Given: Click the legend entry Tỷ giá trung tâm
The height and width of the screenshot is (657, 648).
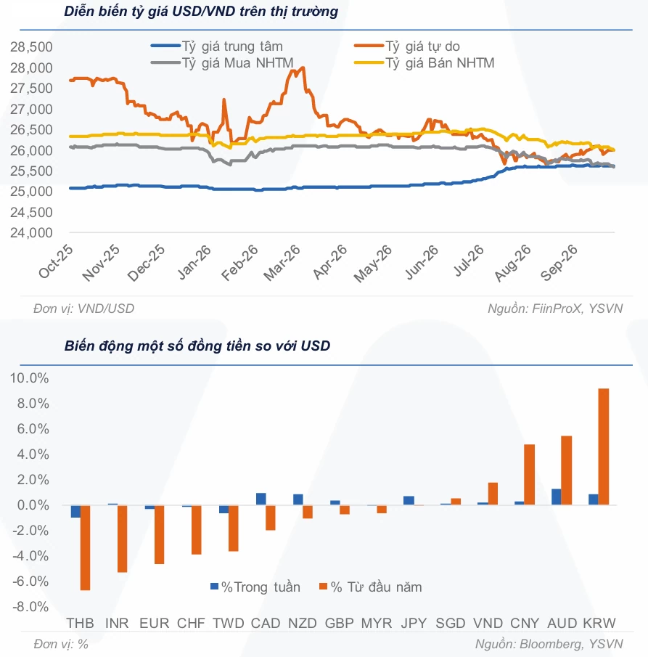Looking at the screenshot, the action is (x=216, y=46).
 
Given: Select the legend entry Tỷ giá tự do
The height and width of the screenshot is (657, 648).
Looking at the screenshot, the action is (x=407, y=46).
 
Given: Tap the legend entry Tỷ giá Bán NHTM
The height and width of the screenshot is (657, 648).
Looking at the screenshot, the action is (x=425, y=62).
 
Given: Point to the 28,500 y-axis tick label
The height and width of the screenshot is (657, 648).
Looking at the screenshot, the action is (x=32, y=46).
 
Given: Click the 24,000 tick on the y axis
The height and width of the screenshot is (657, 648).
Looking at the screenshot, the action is (x=32, y=232).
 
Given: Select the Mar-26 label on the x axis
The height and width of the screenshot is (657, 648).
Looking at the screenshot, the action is (x=282, y=262).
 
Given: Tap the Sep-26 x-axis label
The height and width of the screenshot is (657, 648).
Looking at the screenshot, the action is (x=559, y=262).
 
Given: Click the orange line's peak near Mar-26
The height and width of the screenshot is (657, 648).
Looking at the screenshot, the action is (x=303, y=68).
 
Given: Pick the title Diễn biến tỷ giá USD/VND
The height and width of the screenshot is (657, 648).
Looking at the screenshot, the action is (x=201, y=12).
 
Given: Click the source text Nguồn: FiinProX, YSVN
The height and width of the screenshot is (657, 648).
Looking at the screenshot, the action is (x=555, y=309).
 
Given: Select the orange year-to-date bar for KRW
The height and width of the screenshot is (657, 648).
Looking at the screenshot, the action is (x=604, y=446).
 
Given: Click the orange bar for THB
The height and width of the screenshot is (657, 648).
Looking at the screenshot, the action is (x=85, y=547).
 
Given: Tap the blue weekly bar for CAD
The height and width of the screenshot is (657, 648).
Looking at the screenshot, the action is (x=261, y=499).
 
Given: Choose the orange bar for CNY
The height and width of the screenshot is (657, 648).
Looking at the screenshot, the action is (x=530, y=474).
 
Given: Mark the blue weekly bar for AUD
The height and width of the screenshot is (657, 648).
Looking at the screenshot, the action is (x=557, y=497).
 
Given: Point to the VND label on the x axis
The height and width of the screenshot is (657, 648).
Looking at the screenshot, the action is (x=488, y=623).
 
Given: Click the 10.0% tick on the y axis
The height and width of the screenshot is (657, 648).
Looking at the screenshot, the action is (x=29, y=378).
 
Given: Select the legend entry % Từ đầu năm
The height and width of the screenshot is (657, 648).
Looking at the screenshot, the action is (x=370, y=587).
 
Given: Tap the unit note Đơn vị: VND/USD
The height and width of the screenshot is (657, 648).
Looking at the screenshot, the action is (x=83, y=309).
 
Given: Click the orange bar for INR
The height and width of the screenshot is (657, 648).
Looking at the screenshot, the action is (x=122, y=539).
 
